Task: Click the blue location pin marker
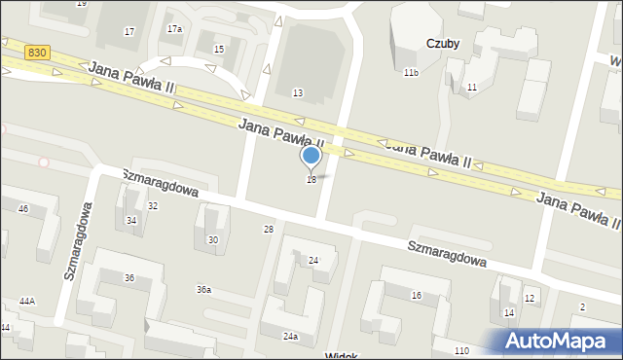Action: click(x=311, y=157)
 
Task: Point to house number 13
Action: click(x=298, y=92)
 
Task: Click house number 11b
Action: click(x=411, y=73)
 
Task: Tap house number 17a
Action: click(x=174, y=29)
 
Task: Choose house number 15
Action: click(x=219, y=49)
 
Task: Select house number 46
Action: click(x=23, y=209)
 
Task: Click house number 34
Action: click(x=131, y=221)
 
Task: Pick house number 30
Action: click(x=213, y=239)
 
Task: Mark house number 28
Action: click(x=269, y=229)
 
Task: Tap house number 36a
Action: click(x=203, y=290)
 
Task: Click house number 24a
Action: click(x=290, y=336)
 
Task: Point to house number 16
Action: click(x=416, y=295)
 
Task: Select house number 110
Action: click(x=461, y=350)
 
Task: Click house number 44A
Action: click(x=27, y=302)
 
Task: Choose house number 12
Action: click(x=530, y=298)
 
